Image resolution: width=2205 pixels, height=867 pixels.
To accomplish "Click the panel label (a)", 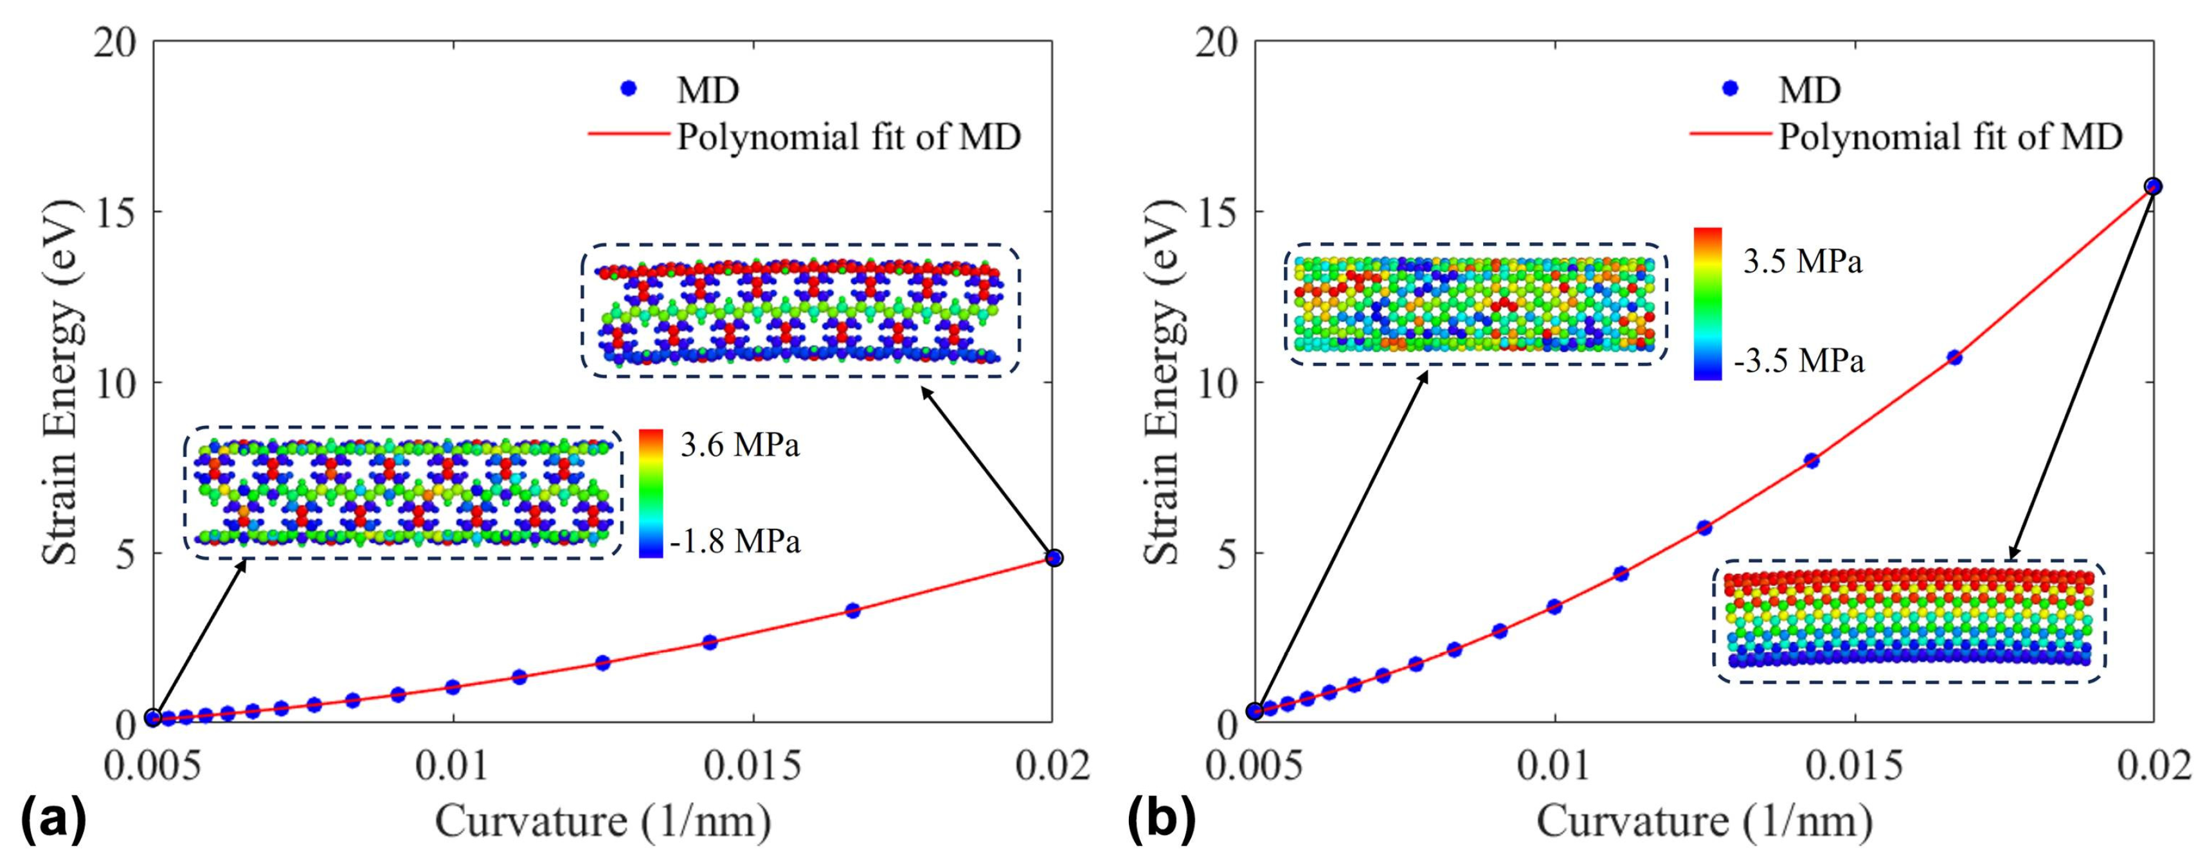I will [53, 820].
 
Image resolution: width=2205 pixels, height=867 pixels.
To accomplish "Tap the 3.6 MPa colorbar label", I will [739, 446].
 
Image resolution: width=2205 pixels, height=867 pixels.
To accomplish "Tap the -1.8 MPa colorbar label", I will [734, 542].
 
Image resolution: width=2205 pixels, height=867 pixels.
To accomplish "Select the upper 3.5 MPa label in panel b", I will [1803, 262].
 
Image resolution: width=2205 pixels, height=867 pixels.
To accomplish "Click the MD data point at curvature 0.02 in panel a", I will [1054, 557].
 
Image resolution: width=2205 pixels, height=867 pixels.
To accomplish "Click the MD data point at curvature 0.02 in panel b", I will [2154, 186].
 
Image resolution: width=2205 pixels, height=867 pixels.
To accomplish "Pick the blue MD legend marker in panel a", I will [629, 88].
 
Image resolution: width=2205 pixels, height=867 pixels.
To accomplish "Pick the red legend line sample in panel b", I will [1730, 134].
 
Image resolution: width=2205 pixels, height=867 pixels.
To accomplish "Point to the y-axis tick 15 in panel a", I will [114, 211].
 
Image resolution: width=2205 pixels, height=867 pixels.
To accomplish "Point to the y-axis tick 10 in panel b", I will [1216, 382].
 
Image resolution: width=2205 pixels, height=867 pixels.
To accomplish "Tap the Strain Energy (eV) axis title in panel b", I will [1162, 382].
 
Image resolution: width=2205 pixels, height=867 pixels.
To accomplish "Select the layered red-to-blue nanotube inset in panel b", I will [1908, 620].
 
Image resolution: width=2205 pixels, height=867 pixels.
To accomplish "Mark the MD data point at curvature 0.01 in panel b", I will [1554, 607].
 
